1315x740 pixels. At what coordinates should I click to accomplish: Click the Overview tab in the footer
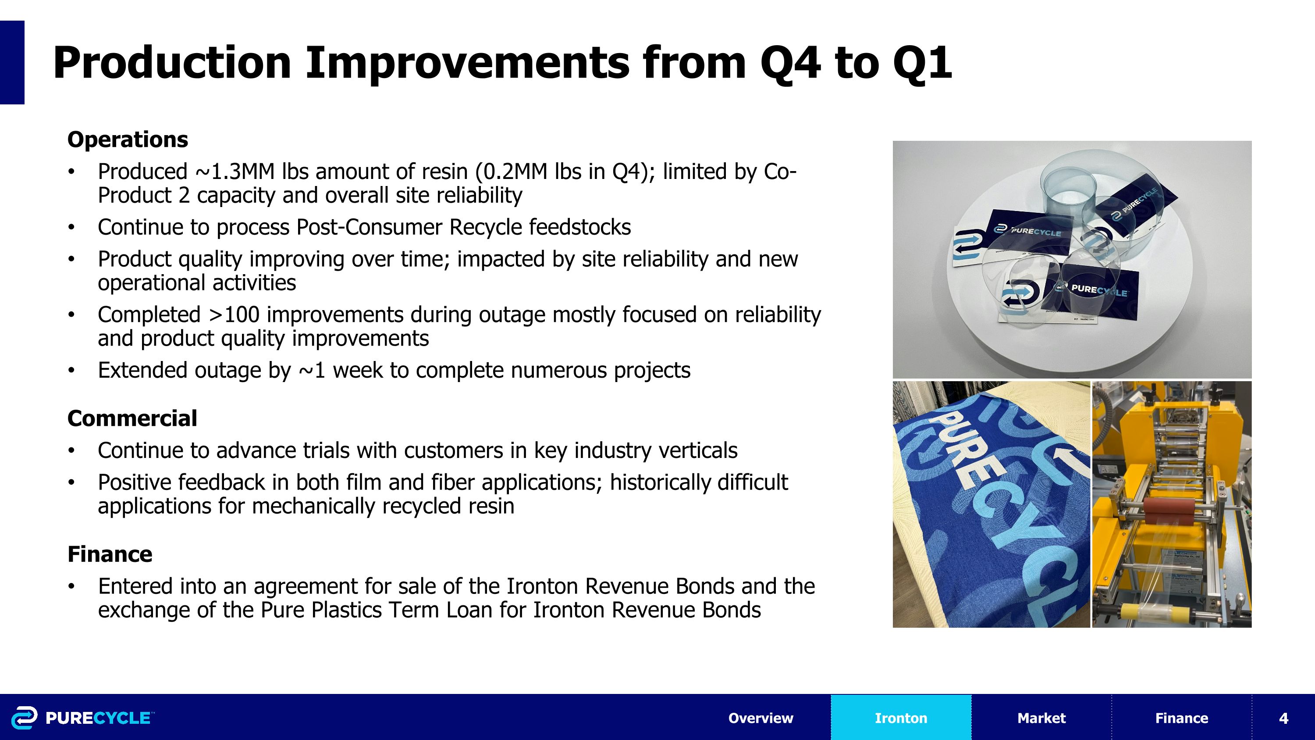[761, 718]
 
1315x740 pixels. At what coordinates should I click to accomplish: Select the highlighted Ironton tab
[901, 718]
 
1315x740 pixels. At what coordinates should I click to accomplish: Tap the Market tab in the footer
[1041, 718]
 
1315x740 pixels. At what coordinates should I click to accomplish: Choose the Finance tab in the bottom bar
[1182, 718]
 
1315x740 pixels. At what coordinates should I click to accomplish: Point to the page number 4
[1284, 719]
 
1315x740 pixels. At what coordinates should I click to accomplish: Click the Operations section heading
[128, 139]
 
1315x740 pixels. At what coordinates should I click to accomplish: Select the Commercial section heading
[132, 418]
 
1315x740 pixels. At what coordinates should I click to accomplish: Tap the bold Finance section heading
[110, 554]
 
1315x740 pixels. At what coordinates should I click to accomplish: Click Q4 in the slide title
[790, 63]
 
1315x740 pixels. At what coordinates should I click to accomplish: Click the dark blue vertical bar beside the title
[12, 62]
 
